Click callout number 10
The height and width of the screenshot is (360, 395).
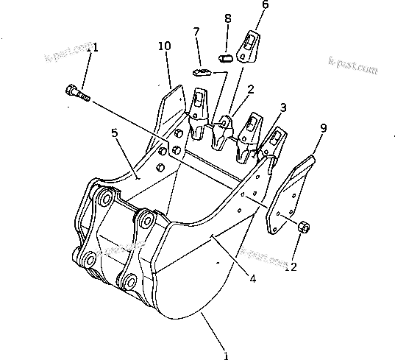[164, 46]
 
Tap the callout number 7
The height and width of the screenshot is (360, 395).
[196, 32]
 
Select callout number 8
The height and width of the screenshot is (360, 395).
[227, 18]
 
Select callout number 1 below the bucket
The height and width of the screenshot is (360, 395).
[227, 355]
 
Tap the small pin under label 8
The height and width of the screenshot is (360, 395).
[227, 55]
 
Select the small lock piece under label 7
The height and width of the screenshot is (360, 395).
[203, 72]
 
